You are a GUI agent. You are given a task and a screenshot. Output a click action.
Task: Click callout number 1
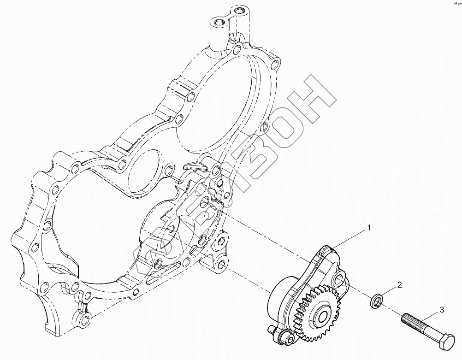(x=369, y=228)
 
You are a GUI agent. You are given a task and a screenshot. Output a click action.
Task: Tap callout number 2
(x=399, y=285)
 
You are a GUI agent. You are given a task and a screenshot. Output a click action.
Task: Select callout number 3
(x=441, y=310)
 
